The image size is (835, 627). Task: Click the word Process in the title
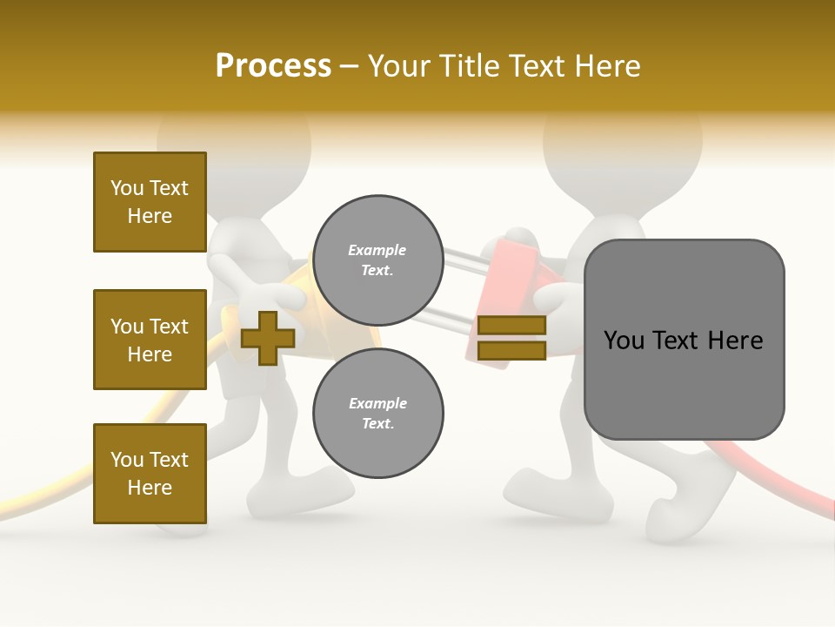tap(273, 66)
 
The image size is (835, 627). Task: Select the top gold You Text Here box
tap(150, 202)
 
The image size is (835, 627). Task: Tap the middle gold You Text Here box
tap(150, 340)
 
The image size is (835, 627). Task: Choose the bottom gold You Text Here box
tap(150, 474)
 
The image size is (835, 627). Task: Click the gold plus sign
tap(267, 338)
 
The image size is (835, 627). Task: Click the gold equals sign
tap(511, 338)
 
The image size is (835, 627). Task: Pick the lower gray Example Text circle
tap(377, 413)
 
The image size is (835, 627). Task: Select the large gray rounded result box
tap(684, 340)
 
